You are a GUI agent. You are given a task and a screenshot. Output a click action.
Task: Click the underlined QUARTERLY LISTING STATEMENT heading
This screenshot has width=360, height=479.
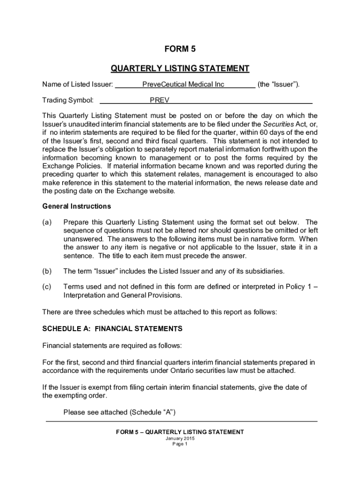[x=180, y=69]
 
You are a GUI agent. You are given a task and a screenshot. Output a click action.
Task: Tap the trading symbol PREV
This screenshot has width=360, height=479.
[x=159, y=100]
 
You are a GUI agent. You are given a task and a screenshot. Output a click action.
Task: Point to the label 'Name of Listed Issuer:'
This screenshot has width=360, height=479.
[x=78, y=84]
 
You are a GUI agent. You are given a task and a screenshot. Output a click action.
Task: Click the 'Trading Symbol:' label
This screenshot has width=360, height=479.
[x=68, y=100]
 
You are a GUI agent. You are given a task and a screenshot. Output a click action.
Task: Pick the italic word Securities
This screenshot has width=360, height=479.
[x=278, y=124]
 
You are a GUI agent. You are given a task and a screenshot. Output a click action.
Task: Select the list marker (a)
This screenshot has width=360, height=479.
[x=47, y=222]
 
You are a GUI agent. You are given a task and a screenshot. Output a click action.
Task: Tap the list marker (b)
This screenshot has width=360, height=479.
[x=47, y=271]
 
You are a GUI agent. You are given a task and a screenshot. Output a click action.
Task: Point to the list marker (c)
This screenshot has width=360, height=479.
[x=47, y=287]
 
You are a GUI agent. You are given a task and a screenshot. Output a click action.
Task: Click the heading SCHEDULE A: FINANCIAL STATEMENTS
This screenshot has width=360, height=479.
[x=112, y=329]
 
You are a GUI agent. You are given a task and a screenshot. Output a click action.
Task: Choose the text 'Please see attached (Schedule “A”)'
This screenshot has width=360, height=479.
[x=119, y=412]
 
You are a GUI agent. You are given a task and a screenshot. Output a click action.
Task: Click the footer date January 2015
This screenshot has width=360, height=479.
[x=180, y=439]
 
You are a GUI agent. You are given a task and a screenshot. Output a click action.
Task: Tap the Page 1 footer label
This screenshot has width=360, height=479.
[x=180, y=444]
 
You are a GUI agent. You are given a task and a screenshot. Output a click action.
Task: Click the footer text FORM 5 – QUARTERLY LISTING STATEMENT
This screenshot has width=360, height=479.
[x=180, y=432]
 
